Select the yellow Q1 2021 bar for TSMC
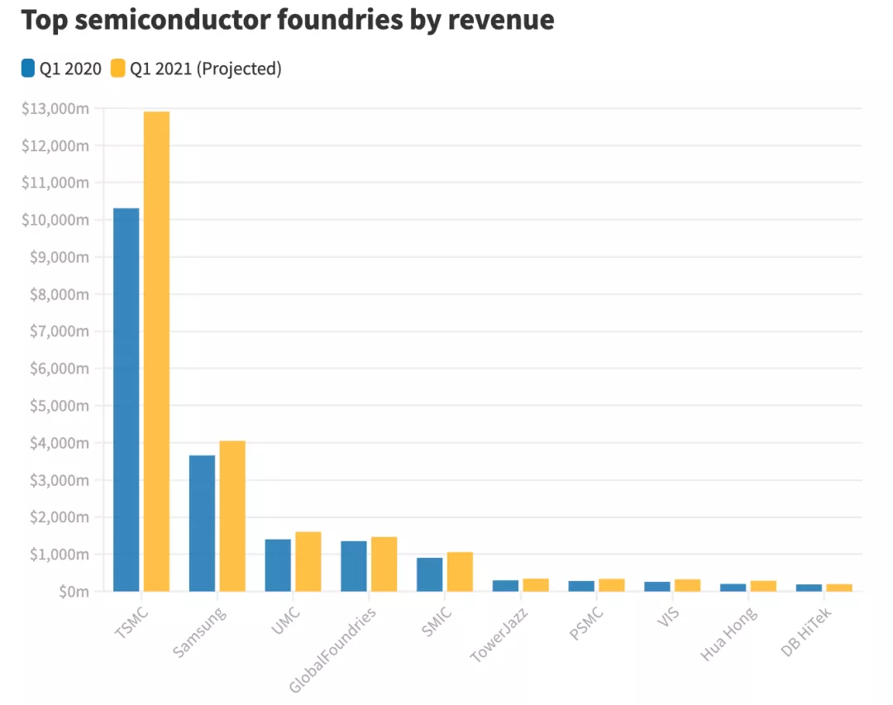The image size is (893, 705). (156, 351)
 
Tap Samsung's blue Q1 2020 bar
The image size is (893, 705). (202, 523)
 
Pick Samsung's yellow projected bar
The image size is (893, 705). (232, 516)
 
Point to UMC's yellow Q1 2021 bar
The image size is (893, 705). (308, 561)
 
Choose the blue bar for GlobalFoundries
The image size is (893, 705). (353, 566)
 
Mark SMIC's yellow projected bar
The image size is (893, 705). (460, 571)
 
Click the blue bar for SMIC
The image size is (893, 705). (429, 574)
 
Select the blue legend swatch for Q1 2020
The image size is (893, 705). (28, 69)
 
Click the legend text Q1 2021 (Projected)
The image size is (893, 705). (206, 69)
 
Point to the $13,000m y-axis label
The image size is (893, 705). (55, 108)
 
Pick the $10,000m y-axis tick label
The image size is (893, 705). (55, 220)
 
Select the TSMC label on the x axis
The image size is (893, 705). (127, 622)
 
